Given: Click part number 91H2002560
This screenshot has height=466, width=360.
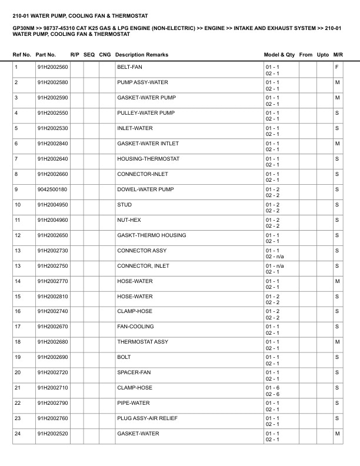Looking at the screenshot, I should click(52, 67).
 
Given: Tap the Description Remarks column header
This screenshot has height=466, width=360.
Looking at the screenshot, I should click(142, 55).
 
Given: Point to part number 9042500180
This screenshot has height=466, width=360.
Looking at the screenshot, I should click(52, 189).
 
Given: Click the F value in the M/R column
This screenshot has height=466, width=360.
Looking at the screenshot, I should click(336, 67).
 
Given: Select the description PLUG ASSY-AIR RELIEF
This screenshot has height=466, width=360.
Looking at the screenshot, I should click(147, 418).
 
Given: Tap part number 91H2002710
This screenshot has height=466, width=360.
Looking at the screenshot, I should click(52, 388).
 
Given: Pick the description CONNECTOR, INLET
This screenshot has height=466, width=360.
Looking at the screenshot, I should click(143, 266).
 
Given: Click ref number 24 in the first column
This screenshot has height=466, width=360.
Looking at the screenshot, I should click(18, 434).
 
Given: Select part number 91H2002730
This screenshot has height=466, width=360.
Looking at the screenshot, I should click(52, 251).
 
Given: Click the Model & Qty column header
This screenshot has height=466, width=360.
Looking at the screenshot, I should click(279, 55).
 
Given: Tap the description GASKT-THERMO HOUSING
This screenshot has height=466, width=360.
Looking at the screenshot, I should click(151, 235).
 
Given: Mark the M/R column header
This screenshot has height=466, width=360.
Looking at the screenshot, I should click(338, 55).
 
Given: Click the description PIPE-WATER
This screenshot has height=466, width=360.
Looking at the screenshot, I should click(134, 403).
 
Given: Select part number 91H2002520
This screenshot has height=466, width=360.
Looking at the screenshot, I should click(52, 434).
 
